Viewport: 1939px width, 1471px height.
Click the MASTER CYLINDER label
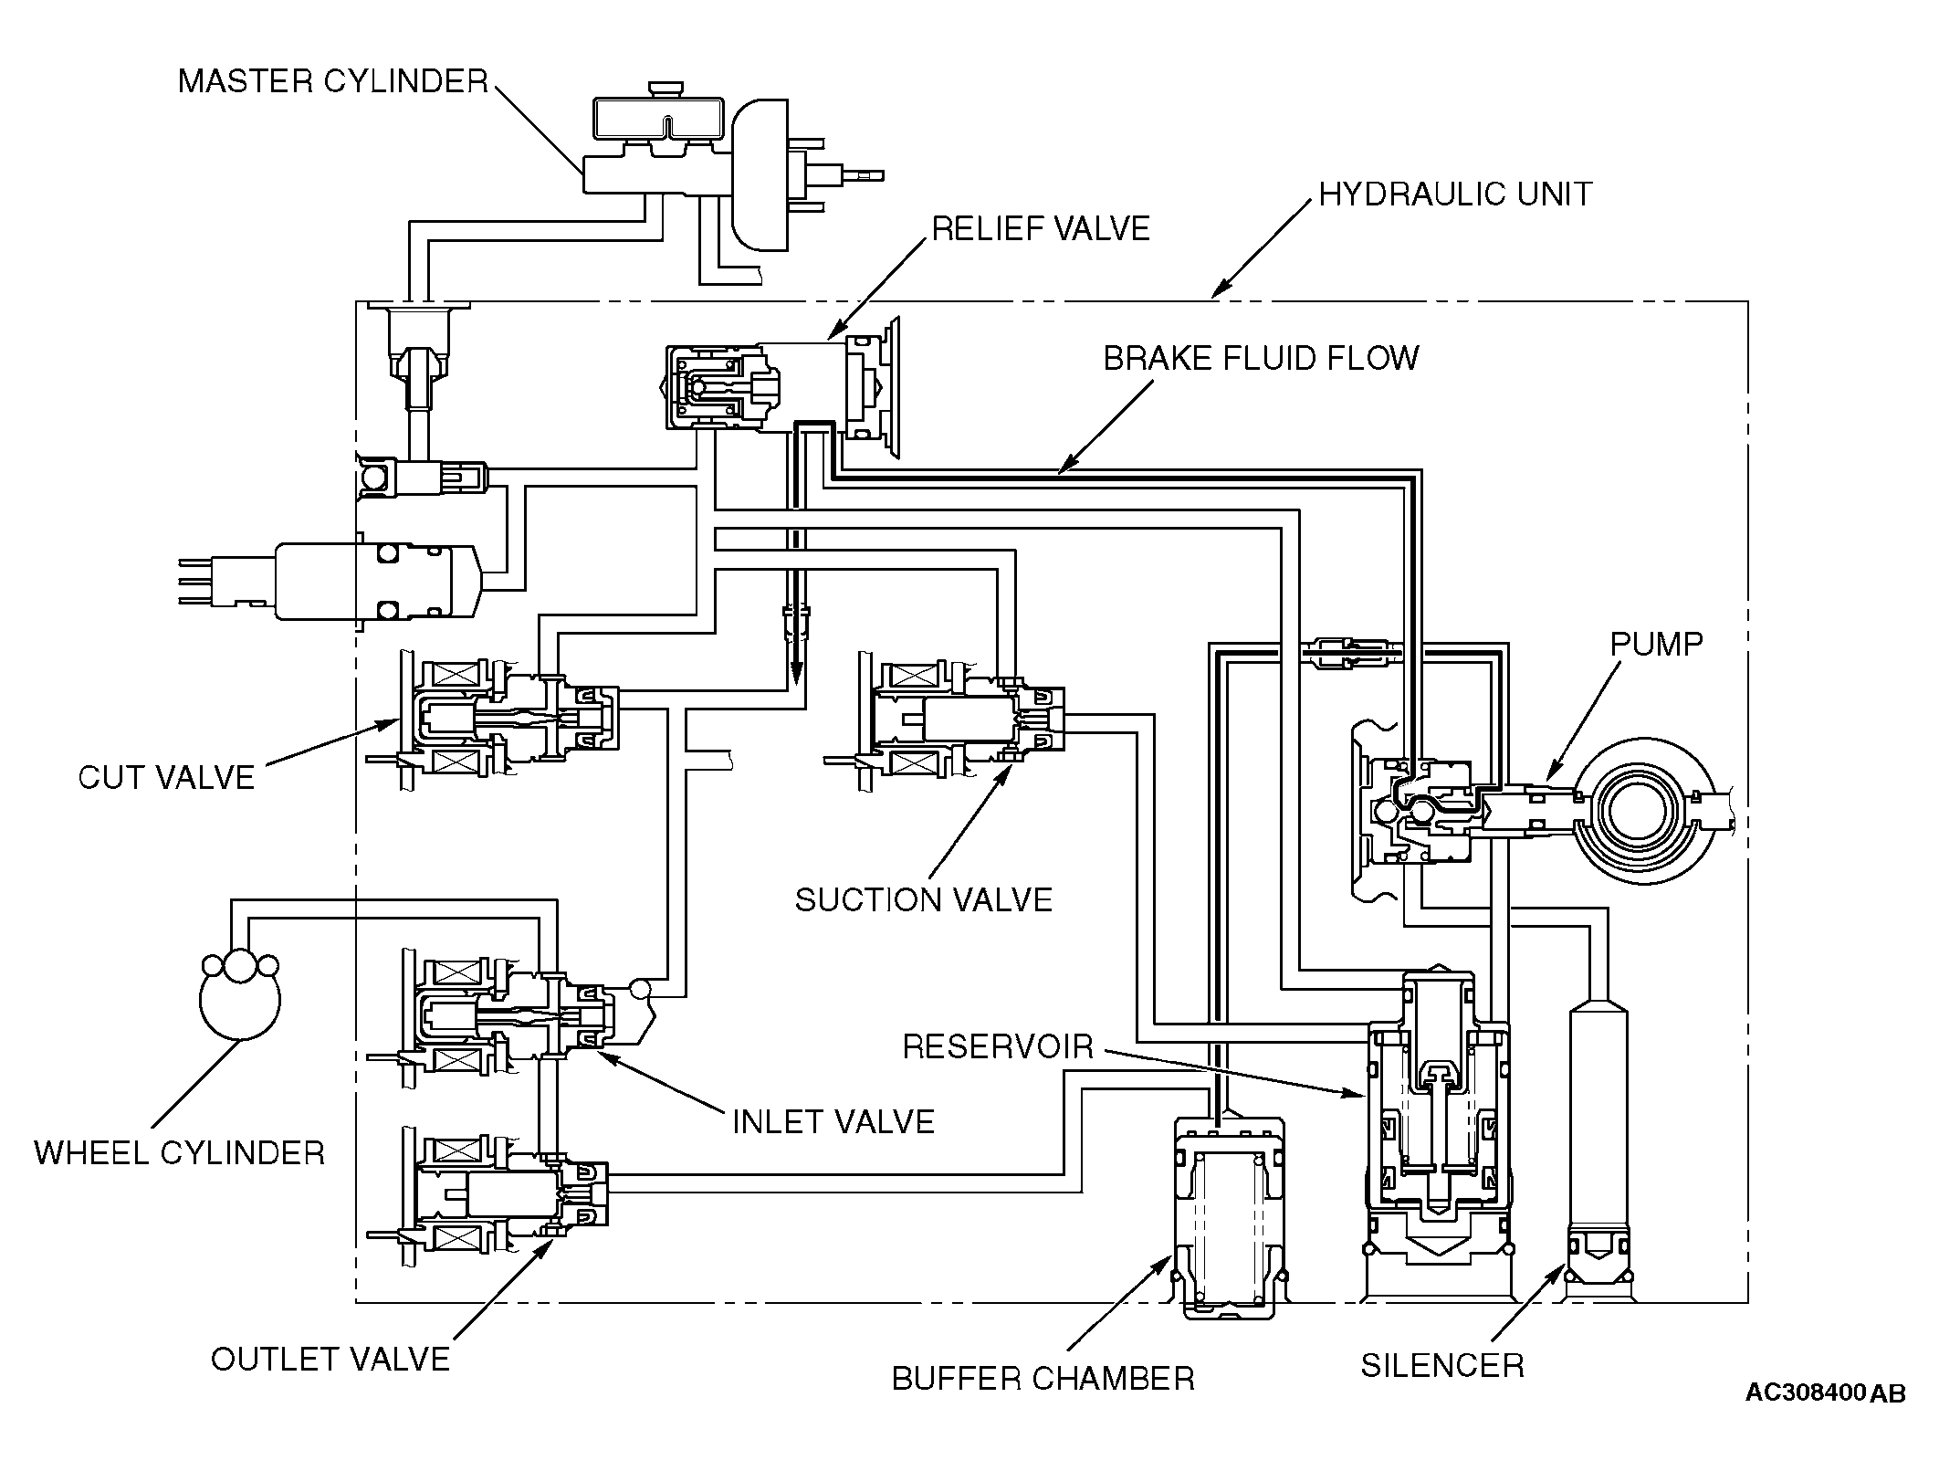(x=333, y=81)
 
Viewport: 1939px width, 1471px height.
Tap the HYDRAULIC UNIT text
(x=1455, y=194)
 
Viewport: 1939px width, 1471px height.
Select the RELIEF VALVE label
(x=1041, y=228)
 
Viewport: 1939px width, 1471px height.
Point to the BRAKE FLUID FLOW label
(x=1261, y=358)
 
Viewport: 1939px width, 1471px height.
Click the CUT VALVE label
(x=166, y=777)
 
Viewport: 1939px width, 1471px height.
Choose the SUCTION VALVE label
(x=924, y=899)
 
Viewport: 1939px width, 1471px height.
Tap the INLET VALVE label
(x=833, y=1121)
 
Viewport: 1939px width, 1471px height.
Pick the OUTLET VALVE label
(x=330, y=1359)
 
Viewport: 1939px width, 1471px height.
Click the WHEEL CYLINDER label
(x=180, y=1152)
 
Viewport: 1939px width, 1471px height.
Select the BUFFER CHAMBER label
(x=1043, y=1378)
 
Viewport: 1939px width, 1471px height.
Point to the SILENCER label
(x=1442, y=1365)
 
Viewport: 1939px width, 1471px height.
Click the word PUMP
(x=1656, y=644)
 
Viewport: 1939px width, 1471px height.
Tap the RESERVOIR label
(x=998, y=1046)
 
